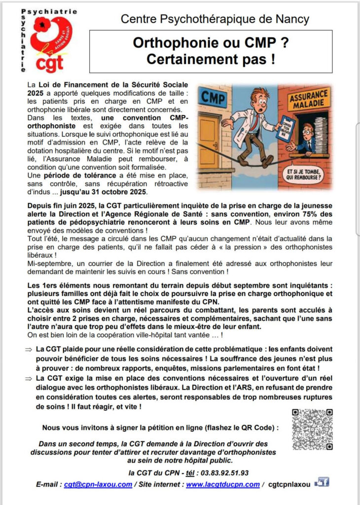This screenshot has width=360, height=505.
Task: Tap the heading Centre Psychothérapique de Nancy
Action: tap(215, 19)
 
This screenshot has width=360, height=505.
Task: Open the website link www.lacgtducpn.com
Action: tap(222, 484)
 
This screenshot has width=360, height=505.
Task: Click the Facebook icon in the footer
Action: tap(322, 482)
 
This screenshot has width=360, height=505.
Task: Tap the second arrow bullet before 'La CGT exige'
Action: tap(29, 378)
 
